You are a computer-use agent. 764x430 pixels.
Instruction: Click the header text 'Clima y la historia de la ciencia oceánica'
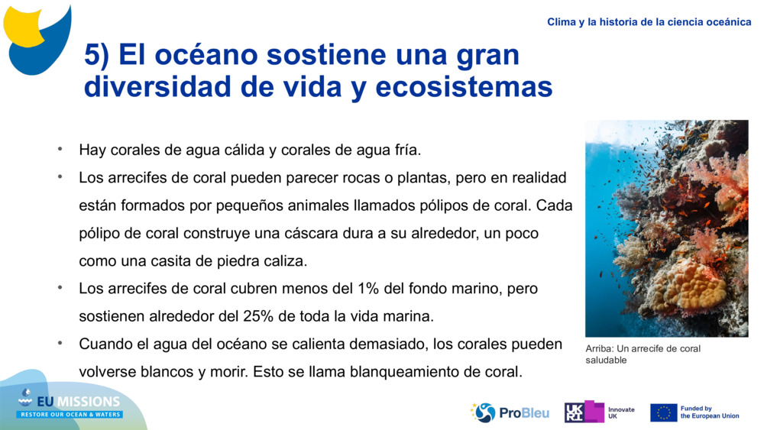pos(649,22)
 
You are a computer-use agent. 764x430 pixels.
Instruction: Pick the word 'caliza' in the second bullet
pos(286,261)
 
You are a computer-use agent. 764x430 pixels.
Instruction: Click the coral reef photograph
pos(666,228)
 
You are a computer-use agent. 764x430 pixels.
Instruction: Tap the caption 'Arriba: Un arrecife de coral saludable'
pos(643,354)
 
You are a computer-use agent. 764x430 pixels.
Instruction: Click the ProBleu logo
pos(510,412)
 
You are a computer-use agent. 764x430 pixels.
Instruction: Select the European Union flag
pos(663,412)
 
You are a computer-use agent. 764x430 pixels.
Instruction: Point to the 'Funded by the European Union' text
pos(709,412)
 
